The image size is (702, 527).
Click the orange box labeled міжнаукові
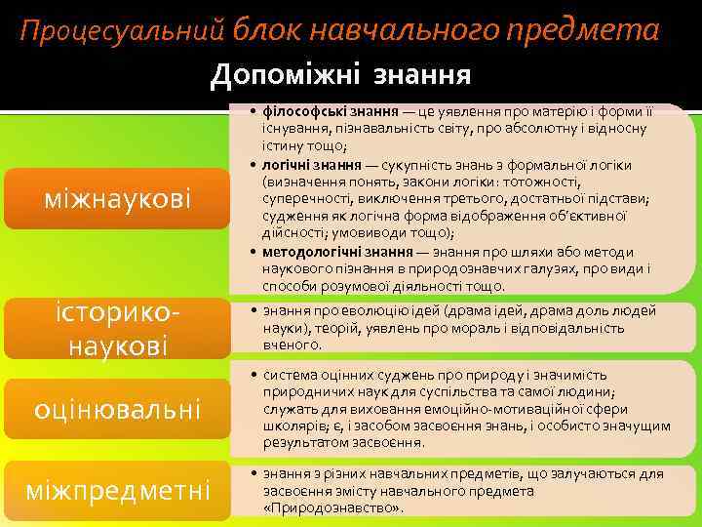tap(118, 200)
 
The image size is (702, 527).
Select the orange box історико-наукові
tap(118, 328)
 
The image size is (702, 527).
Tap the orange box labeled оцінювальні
tap(118, 408)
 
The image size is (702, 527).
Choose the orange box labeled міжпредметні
tap(118, 487)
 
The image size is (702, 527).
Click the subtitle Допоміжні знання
tap(340, 74)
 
